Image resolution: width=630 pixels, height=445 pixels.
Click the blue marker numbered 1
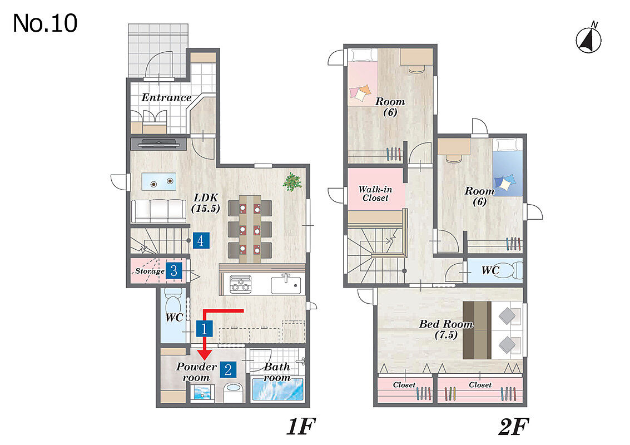pos(204,328)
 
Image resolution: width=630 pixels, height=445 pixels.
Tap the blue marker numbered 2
pos(228,369)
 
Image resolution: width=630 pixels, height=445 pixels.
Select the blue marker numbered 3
pos(174,271)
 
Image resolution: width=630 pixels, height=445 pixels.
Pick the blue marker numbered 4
pos(201,240)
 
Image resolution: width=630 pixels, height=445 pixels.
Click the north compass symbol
pos(589,38)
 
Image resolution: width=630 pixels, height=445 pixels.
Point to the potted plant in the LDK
pos(292,182)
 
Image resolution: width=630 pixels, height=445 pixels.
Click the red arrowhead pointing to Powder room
pos(205,354)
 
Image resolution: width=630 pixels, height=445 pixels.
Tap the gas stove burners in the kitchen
pos(240,284)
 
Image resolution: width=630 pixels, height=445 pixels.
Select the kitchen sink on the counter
pos(286,285)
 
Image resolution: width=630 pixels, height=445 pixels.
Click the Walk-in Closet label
pos(375,194)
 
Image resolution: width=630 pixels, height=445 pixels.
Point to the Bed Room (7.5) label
pos(446,329)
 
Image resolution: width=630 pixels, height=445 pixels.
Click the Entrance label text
pos(166,97)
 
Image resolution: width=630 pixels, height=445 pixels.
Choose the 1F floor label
pos(301,427)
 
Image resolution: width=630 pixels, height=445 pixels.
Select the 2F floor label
pos(514,427)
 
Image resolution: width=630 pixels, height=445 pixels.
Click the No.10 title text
pos(45,23)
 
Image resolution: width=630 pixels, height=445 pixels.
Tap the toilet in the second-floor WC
pos(512,270)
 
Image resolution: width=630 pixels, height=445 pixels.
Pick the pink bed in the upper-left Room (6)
pos(363,77)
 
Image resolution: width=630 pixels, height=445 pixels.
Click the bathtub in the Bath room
pos(277,389)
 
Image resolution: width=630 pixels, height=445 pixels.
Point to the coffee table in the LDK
pos(158,182)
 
